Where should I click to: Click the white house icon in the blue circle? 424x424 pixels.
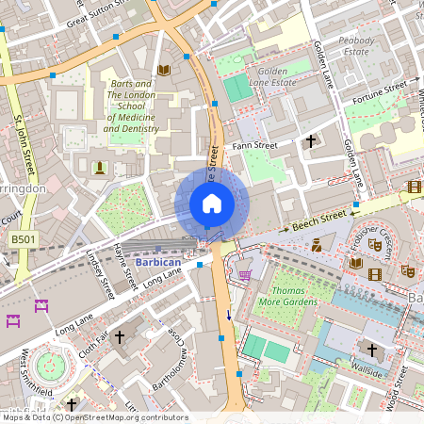tap(212, 204)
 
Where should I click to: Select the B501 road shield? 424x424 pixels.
tap(23, 241)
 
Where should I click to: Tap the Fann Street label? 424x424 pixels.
tap(254, 146)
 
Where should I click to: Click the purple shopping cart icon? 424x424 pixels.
tap(245, 274)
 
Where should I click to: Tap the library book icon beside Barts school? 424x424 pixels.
tap(164, 70)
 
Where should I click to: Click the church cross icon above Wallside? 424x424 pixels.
tap(372, 351)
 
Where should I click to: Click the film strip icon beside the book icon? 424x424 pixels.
tap(376, 274)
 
